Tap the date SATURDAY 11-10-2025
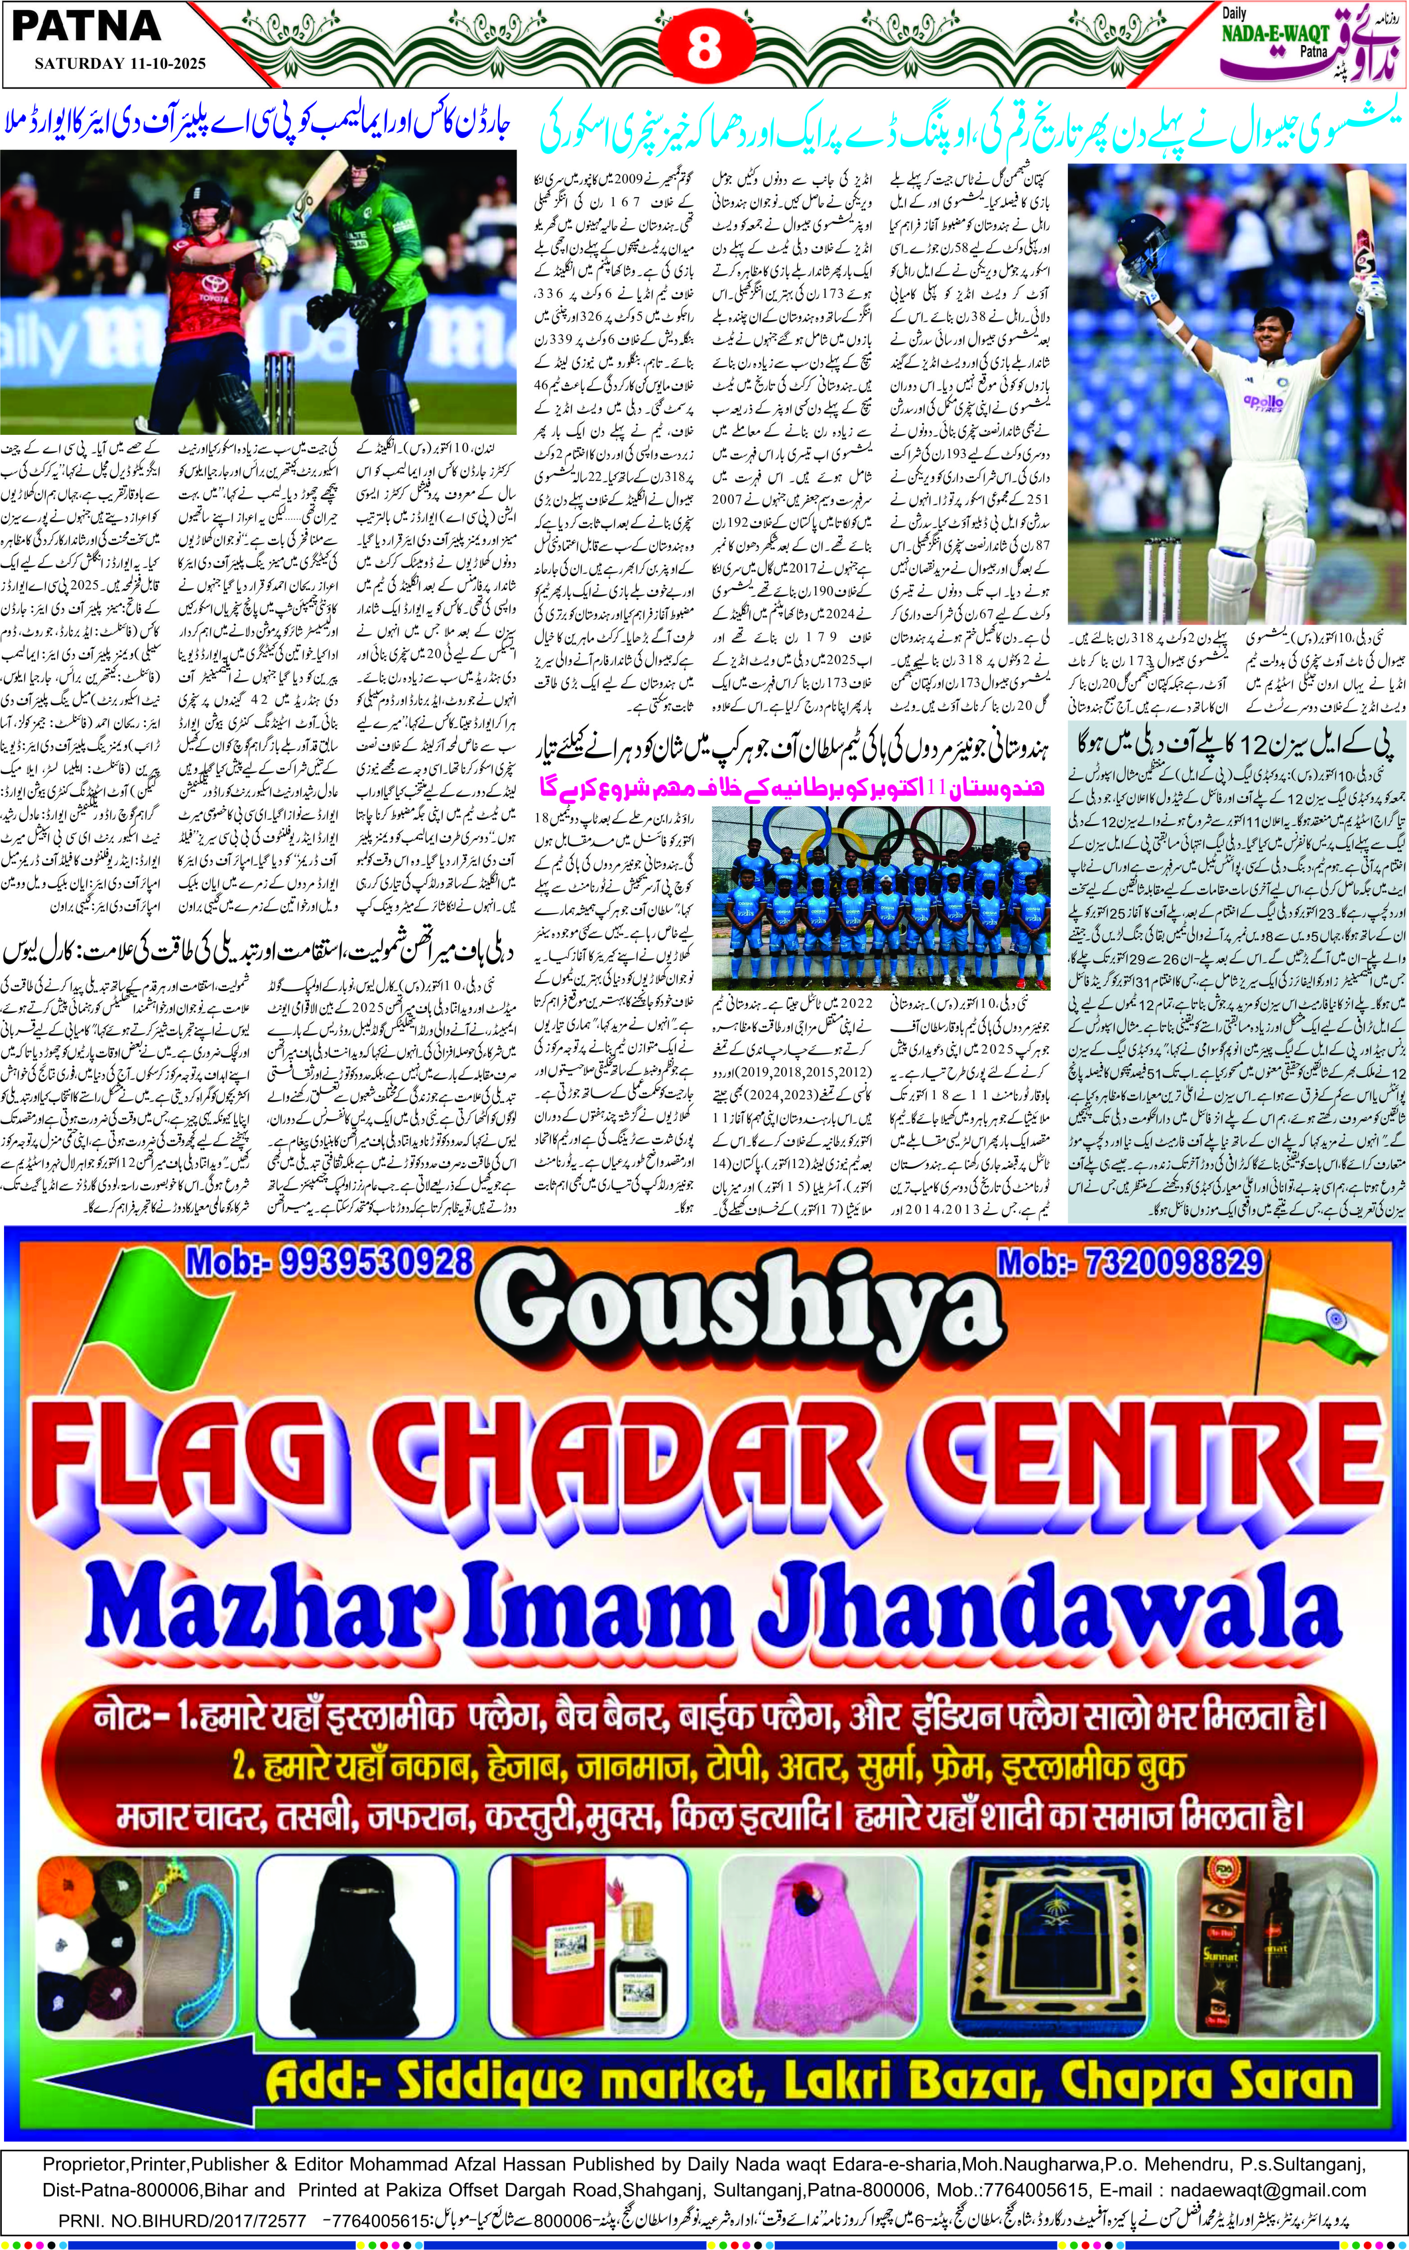pos(119,64)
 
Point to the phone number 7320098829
pos(1129,1263)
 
